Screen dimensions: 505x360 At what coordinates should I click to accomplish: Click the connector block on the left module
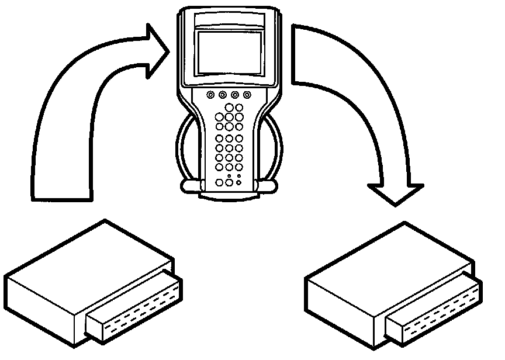tap(135, 307)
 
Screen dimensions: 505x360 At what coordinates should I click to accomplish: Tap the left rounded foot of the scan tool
tap(190, 186)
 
